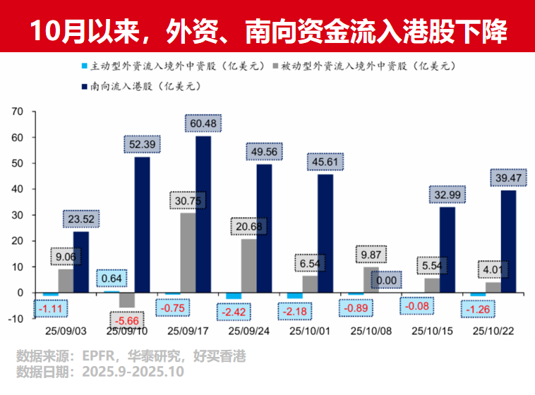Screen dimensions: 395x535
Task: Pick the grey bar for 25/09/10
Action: [x=127, y=300]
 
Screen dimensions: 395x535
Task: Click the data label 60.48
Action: [x=203, y=123]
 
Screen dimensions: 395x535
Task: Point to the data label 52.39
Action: [x=142, y=144]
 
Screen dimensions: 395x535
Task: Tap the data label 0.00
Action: [x=386, y=280]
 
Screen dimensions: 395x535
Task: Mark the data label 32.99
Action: [x=447, y=195]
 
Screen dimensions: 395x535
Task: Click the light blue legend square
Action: [x=84, y=66]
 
